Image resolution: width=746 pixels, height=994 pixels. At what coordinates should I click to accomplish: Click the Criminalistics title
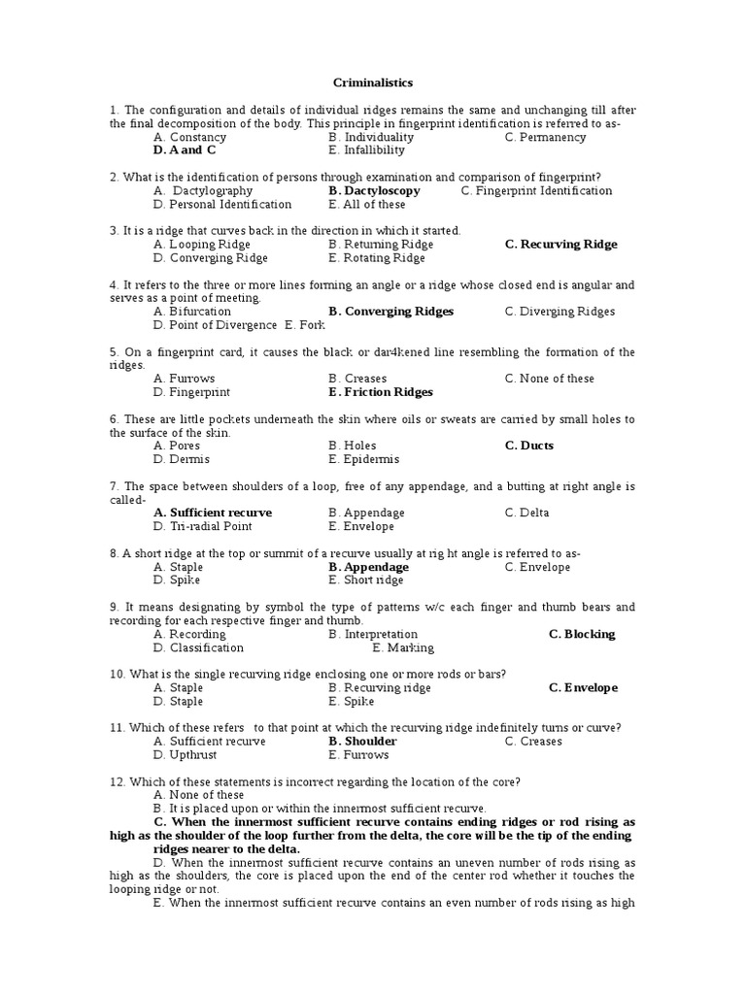point(373,83)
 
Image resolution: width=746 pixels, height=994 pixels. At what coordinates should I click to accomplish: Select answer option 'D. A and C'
point(185,150)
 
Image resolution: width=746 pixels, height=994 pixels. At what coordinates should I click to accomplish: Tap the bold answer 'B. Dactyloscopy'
point(374,191)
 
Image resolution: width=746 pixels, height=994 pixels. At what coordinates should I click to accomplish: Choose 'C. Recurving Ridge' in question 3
point(560,245)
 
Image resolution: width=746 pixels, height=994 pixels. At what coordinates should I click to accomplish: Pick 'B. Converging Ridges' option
point(390,312)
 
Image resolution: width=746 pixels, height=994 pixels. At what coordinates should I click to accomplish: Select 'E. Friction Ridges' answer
point(381,392)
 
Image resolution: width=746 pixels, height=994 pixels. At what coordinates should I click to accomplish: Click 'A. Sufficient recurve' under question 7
point(213,513)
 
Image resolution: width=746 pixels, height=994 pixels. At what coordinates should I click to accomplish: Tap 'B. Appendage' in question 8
point(368,567)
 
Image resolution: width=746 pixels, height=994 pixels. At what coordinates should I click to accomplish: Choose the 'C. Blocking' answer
point(582,634)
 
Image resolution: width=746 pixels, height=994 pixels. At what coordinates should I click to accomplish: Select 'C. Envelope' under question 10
point(583,688)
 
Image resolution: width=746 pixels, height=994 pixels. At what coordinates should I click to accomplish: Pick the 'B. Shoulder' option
point(362,742)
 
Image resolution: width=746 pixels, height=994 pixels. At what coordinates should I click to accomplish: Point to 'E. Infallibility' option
point(366,150)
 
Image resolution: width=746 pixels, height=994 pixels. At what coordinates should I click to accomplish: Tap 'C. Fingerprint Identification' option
point(536,191)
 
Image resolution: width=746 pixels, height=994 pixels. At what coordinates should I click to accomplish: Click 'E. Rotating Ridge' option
point(377,258)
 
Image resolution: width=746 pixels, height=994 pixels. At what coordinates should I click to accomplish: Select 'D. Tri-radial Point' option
point(202,526)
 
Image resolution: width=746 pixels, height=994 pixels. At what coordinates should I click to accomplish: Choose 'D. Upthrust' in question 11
point(186,755)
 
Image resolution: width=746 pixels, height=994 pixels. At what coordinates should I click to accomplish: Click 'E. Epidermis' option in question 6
point(363,459)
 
